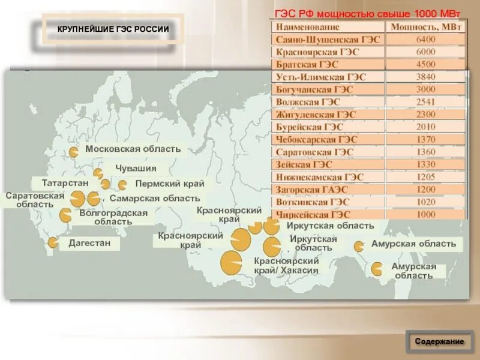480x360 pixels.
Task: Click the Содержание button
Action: (439, 341)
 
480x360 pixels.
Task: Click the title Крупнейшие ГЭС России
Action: (113, 29)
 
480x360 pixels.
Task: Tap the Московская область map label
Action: (133, 149)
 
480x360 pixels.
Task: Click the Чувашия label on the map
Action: (136, 169)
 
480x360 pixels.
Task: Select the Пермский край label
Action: (170, 184)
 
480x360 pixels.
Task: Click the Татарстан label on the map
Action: (65, 182)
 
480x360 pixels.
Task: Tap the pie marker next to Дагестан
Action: (53, 242)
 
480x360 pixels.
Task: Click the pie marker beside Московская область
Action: (73, 152)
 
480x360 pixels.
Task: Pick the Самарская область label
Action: (155, 198)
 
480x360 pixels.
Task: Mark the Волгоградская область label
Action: (113, 217)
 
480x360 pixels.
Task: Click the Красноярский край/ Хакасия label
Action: (286, 265)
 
